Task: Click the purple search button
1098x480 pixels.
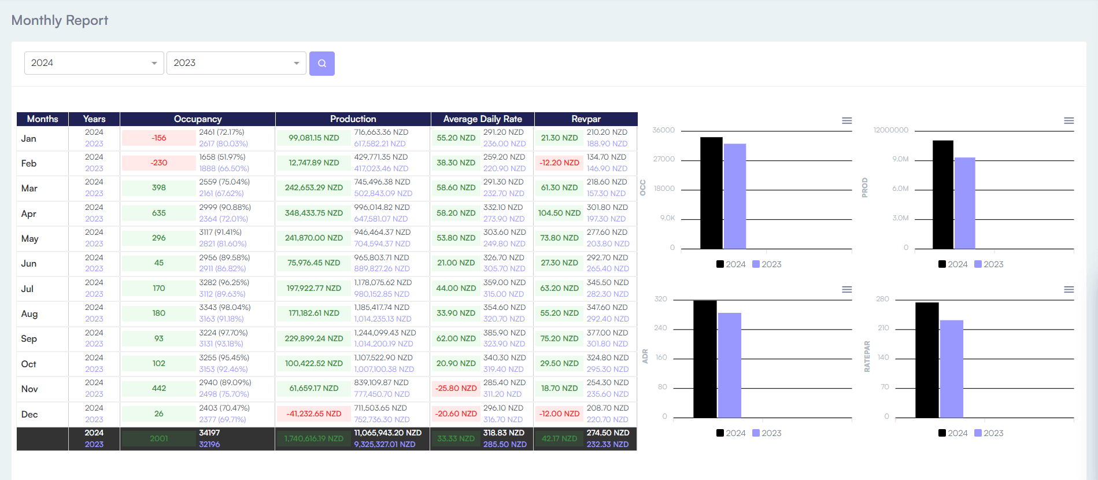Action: coord(321,64)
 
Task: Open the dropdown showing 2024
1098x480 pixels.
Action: coord(94,63)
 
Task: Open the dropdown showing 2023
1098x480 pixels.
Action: coord(236,63)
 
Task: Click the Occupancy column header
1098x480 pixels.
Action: coord(198,119)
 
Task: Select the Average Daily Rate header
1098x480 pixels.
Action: coord(482,119)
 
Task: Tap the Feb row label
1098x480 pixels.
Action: coord(29,164)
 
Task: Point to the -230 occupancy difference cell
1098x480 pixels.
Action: coord(159,163)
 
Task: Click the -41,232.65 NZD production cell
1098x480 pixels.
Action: coord(314,414)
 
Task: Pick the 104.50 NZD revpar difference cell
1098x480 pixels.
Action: coord(559,213)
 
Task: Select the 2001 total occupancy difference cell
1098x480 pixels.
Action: coord(159,439)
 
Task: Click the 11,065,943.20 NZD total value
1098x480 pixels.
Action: coord(387,433)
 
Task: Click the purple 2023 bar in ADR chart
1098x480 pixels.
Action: coord(729,364)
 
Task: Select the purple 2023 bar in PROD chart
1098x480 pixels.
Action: coord(964,202)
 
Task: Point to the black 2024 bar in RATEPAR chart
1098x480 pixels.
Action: coord(927,359)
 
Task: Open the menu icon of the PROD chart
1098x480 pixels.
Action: coord(1069,121)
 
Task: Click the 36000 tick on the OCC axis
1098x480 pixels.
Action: coord(663,130)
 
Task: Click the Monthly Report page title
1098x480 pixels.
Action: coord(60,20)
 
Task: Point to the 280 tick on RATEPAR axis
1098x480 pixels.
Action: coord(882,299)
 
